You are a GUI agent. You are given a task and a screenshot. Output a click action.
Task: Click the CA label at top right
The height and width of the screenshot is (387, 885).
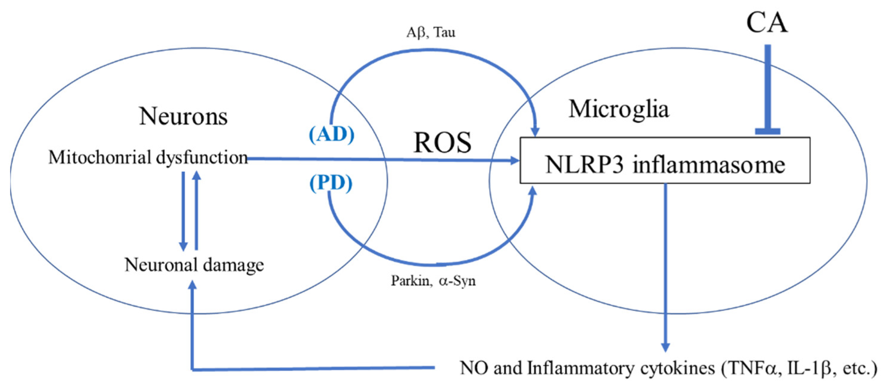click(767, 23)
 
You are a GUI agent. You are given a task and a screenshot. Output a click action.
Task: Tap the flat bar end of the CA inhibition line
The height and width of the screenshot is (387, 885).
click(767, 131)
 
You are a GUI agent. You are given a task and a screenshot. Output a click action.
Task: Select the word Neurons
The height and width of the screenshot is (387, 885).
click(183, 117)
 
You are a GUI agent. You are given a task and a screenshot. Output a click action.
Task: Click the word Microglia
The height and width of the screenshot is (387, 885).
click(619, 109)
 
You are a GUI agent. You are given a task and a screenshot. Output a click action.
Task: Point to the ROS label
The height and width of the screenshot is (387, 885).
click(442, 143)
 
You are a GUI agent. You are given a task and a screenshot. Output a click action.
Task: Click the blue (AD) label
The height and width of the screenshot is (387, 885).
click(332, 134)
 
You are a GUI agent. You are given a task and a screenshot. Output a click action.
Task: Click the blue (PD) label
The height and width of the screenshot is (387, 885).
click(331, 183)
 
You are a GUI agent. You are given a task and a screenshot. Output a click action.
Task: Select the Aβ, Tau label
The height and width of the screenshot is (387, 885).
click(431, 33)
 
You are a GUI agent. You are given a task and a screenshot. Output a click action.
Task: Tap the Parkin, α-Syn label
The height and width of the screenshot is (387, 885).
click(433, 281)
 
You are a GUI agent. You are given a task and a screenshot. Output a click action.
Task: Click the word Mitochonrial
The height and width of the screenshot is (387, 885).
click(100, 158)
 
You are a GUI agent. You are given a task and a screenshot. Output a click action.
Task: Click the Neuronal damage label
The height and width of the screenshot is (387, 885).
click(194, 265)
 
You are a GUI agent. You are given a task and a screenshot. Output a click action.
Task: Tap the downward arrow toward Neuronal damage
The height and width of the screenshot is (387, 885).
click(183, 246)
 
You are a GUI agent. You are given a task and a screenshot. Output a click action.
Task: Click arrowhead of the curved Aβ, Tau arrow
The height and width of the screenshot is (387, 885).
click(535, 132)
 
